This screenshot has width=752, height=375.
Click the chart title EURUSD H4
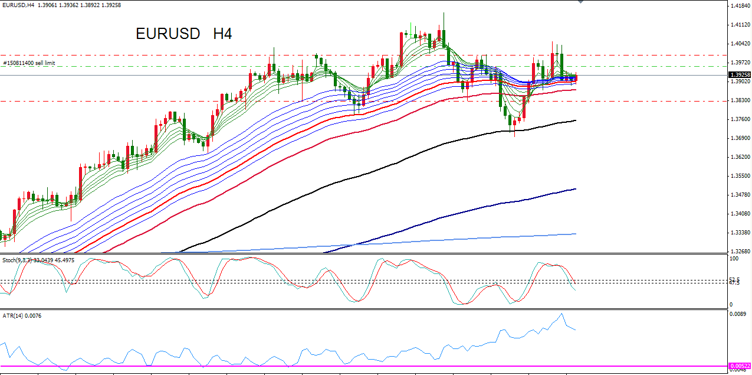(x=183, y=34)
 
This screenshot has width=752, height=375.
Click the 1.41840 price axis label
(x=740, y=6)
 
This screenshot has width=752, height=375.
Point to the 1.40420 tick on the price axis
(x=740, y=44)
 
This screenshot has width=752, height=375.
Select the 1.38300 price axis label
(x=740, y=100)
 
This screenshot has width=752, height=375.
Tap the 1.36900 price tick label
(x=740, y=138)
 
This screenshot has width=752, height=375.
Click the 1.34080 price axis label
(x=740, y=214)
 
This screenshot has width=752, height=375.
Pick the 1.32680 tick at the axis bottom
(x=740, y=251)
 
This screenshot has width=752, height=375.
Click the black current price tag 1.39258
(x=739, y=75)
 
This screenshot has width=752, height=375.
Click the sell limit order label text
(x=29, y=63)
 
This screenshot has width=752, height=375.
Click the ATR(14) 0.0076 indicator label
(x=22, y=316)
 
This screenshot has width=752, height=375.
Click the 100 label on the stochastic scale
(x=734, y=259)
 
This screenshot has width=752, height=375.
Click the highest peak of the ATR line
(x=561, y=314)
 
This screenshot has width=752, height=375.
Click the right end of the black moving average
(x=576, y=120)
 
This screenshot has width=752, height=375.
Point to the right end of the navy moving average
(x=576, y=189)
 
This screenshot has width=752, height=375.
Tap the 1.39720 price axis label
(x=740, y=63)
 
